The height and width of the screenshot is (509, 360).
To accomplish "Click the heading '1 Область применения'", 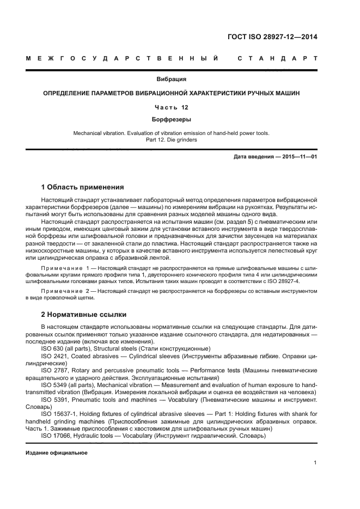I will tap(83, 187).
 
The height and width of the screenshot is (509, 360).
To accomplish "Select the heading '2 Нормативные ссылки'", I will tap(84, 315).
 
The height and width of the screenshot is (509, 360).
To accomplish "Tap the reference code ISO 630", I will tap(52, 348).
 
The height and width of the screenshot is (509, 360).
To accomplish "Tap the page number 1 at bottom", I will tap(315, 463).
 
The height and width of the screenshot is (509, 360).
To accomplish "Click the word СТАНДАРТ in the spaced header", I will tap(277, 57).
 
